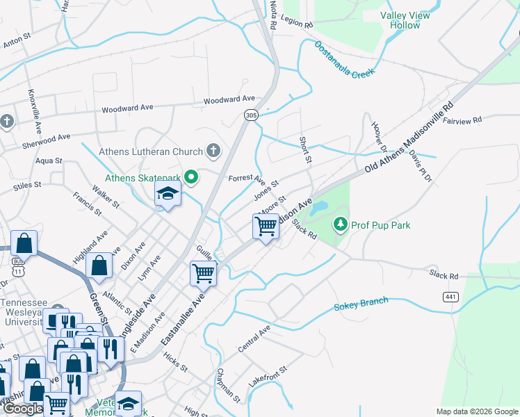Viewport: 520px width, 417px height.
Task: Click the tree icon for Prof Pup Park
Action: (340, 224)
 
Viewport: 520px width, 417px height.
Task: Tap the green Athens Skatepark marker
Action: (189, 179)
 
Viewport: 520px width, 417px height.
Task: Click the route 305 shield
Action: (250, 115)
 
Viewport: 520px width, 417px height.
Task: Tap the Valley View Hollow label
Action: (405, 19)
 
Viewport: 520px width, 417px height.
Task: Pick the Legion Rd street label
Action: (298, 23)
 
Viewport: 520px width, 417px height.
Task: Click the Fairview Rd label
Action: (462, 120)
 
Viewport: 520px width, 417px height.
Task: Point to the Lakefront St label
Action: (268, 377)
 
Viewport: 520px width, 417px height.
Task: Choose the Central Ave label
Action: (254, 337)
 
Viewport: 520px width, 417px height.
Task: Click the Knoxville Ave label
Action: (33, 107)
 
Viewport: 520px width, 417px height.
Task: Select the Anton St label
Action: (17, 42)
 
